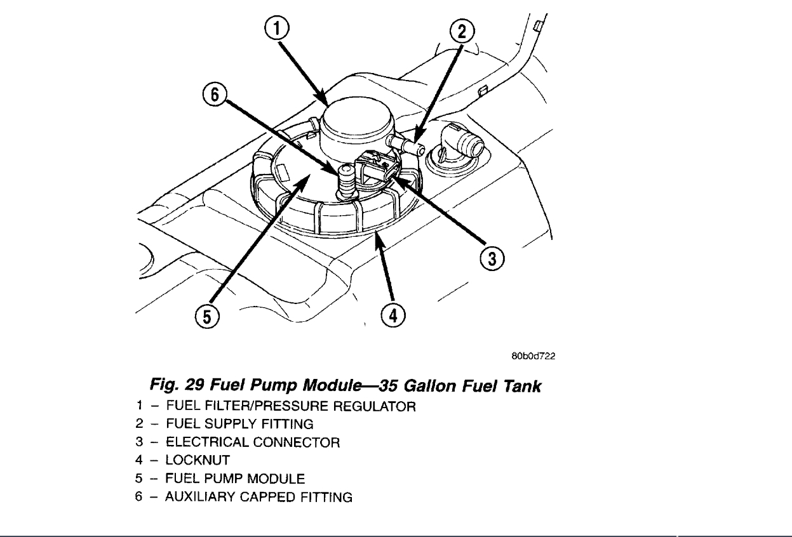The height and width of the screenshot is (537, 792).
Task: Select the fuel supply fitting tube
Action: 406,144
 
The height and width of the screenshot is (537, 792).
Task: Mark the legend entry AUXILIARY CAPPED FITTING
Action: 258,496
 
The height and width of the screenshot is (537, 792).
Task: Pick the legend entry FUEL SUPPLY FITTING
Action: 239,423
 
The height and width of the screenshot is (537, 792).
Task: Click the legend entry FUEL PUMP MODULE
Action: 235,478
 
